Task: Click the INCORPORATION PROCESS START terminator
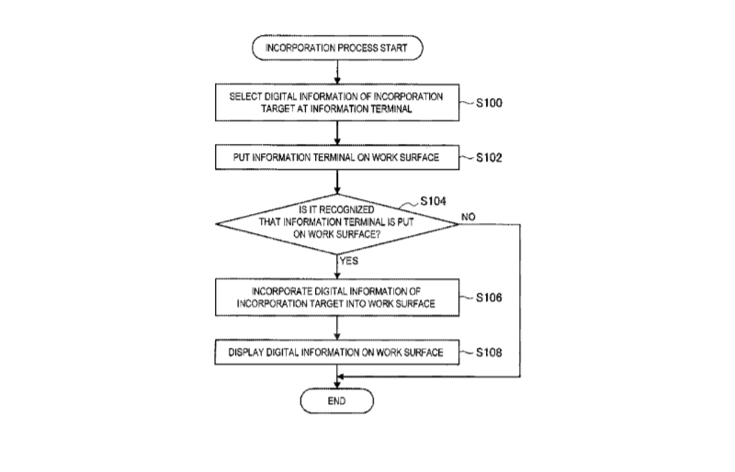point(338,46)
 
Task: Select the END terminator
point(338,401)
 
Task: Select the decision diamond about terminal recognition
point(338,224)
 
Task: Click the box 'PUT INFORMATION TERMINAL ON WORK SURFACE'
point(338,157)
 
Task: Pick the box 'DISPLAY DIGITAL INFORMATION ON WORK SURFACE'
point(338,352)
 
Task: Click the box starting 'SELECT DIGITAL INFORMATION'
point(338,104)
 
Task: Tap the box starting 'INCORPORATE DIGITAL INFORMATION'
point(338,298)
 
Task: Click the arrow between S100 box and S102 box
point(338,132)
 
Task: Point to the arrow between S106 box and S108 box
point(338,327)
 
